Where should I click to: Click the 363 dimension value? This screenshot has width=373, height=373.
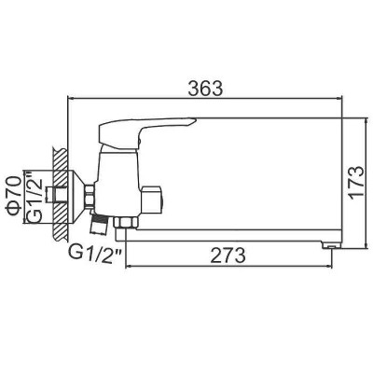[x=205, y=89]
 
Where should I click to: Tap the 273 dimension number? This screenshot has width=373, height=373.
[x=228, y=256]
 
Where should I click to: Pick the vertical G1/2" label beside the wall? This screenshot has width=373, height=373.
[x=35, y=197]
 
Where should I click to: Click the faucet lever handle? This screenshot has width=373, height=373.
[x=146, y=131]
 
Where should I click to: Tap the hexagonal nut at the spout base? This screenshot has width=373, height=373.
[x=126, y=223]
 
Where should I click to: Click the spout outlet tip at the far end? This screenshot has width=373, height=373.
[x=332, y=245]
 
